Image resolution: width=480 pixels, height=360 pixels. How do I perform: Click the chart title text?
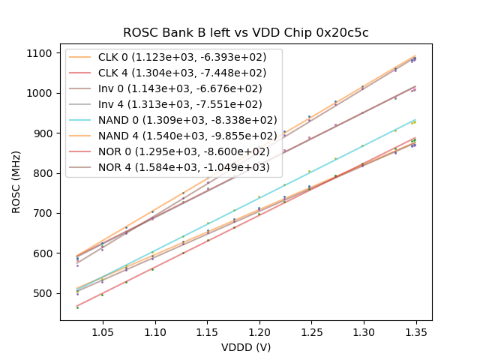[246, 33]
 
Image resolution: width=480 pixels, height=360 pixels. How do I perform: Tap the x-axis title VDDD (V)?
[246, 347]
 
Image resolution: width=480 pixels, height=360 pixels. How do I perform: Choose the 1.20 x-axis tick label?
[259, 331]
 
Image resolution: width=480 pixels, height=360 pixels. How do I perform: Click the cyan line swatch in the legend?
[81, 121]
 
